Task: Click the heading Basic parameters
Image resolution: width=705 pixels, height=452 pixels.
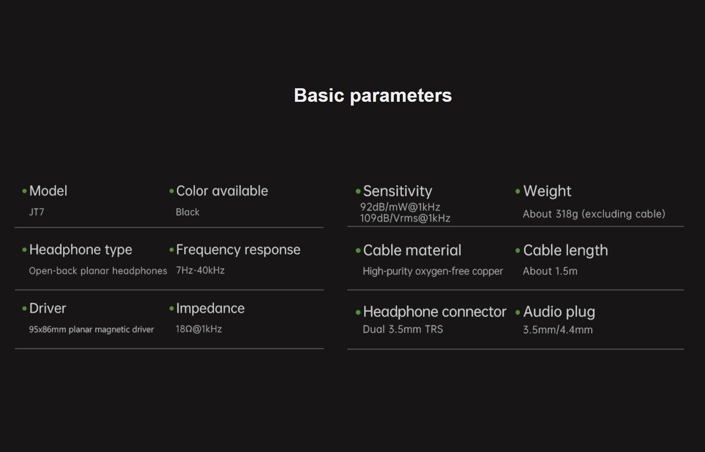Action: tap(373, 96)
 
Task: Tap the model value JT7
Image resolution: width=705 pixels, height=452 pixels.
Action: tap(37, 212)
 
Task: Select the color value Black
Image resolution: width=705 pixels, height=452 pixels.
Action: tap(188, 212)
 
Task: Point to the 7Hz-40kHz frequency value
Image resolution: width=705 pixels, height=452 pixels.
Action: tap(200, 271)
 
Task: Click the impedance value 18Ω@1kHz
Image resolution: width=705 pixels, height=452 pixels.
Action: tap(199, 329)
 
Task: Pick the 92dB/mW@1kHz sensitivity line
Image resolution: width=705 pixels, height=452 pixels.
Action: tap(400, 207)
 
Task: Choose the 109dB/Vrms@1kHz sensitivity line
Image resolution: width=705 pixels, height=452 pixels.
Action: tap(405, 218)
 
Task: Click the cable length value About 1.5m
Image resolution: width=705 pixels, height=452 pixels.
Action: tap(550, 271)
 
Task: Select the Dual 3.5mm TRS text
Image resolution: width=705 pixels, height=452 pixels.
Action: tap(403, 329)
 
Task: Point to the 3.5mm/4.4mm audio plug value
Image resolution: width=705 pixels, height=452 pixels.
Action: tap(558, 330)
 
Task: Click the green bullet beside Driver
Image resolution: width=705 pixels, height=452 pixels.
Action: tap(24, 309)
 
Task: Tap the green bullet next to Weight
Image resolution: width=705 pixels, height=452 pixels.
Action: tap(517, 191)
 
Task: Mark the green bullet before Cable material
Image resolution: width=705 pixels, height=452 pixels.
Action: tap(358, 251)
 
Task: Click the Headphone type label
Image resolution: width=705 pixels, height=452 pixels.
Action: tap(80, 250)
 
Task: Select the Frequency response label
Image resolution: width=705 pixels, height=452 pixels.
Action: tap(238, 250)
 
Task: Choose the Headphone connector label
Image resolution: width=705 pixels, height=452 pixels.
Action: tap(435, 312)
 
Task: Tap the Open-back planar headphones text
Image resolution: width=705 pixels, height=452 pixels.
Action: tap(98, 271)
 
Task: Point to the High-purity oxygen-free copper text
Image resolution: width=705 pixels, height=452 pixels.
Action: tap(433, 271)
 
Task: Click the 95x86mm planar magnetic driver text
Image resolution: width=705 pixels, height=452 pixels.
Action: tap(91, 329)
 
